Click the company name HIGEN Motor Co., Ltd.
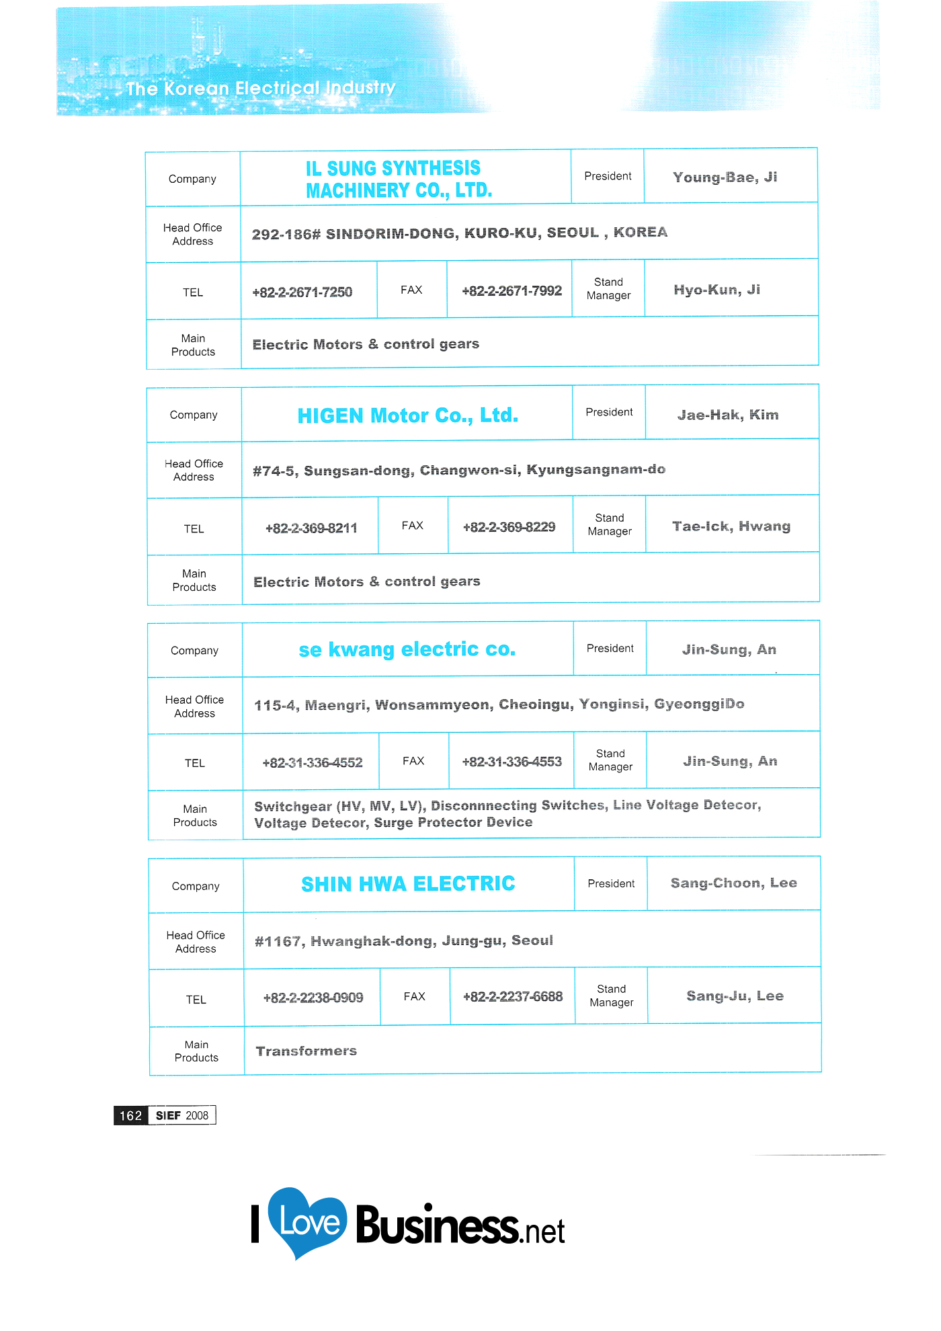[407, 415]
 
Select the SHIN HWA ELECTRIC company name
[408, 884]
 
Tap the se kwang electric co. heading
[407, 649]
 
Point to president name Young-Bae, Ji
[725, 177]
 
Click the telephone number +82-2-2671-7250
[302, 292]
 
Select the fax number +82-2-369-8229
[509, 527]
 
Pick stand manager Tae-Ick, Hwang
[731, 526]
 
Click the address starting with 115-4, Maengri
[499, 704]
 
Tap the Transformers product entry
[306, 1051]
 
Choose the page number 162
[130, 1116]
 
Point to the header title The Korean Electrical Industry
[261, 88]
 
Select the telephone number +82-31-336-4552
[313, 763]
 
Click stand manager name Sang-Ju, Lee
[735, 996]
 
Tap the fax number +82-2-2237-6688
[513, 997]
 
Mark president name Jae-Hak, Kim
[728, 415]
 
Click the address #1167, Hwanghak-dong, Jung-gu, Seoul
[403, 940]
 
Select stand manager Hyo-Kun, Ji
[717, 290]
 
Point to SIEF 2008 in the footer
[182, 1116]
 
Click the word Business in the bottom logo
[437, 1225]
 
